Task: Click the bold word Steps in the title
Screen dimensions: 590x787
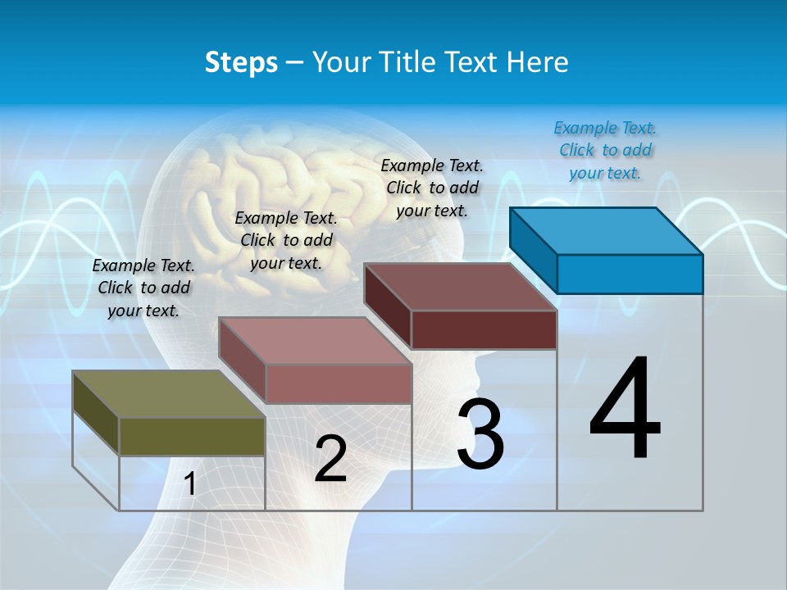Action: (x=241, y=62)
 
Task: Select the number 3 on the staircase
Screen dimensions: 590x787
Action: (x=480, y=434)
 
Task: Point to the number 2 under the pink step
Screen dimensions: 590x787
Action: (x=330, y=459)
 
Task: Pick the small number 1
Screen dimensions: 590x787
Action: (x=190, y=483)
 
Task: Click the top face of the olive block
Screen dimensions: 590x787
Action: (x=168, y=394)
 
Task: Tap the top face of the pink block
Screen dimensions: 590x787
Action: (x=315, y=341)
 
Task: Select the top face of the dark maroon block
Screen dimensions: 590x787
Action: (x=460, y=287)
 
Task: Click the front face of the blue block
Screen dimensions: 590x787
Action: (x=630, y=274)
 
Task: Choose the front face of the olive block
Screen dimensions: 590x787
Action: (x=192, y=437)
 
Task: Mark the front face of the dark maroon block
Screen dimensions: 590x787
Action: (x=484, y=329)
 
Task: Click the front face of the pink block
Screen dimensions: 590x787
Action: (x=339, y=383)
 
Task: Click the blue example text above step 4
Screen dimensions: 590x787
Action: (x=605, y=150)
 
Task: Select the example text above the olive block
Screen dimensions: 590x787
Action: (x=143, y=288)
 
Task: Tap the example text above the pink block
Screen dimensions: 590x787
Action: (x=286, y=240)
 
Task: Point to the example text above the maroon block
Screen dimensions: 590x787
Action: (x=432, y=188)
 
